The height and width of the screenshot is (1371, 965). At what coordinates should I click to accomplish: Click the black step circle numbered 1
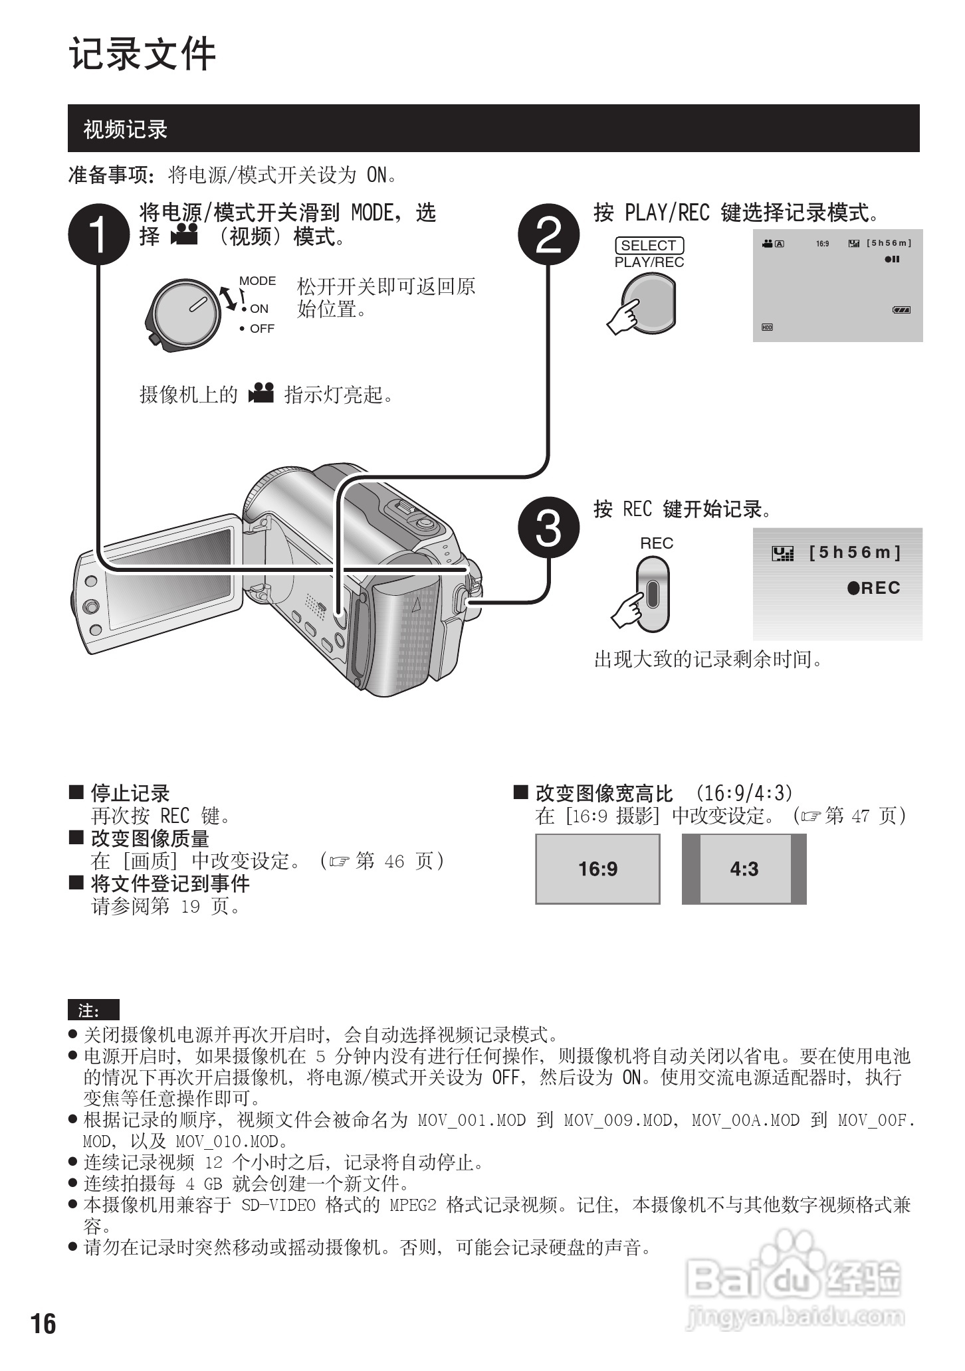click(x=98, y=234)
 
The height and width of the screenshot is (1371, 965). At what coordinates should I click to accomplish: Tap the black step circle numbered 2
click(x=548, y=234)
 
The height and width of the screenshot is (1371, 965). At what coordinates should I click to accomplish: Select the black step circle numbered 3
click(x=548, y=527)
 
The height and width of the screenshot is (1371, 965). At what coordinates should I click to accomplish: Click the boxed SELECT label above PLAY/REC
click(x=649, y=245)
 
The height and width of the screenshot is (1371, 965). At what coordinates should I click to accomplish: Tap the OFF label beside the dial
click(x=262, y=329)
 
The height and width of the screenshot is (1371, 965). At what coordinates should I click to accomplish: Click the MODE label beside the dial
click(x=257, y=281)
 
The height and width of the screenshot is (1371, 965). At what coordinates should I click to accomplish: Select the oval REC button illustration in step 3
click(x=652, y=593)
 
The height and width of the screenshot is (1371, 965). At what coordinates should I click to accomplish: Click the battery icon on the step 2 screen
click(x=901, y=310)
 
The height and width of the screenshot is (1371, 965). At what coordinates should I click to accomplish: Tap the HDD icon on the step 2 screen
click(x=767, y=327)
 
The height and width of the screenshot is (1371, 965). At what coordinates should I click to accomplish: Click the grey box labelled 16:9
click(x=597, y=869)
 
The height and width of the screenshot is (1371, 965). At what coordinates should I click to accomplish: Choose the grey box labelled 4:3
click(x=744, y=869)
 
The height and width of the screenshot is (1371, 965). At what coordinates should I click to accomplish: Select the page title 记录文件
click(x=143, y=54)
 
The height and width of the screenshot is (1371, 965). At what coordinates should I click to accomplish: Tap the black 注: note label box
click(x=93, y=1010)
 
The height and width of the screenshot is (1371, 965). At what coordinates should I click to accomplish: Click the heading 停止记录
click(x=130, y=793)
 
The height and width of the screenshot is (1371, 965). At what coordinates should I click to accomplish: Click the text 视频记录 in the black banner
click(x=125, y=129)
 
